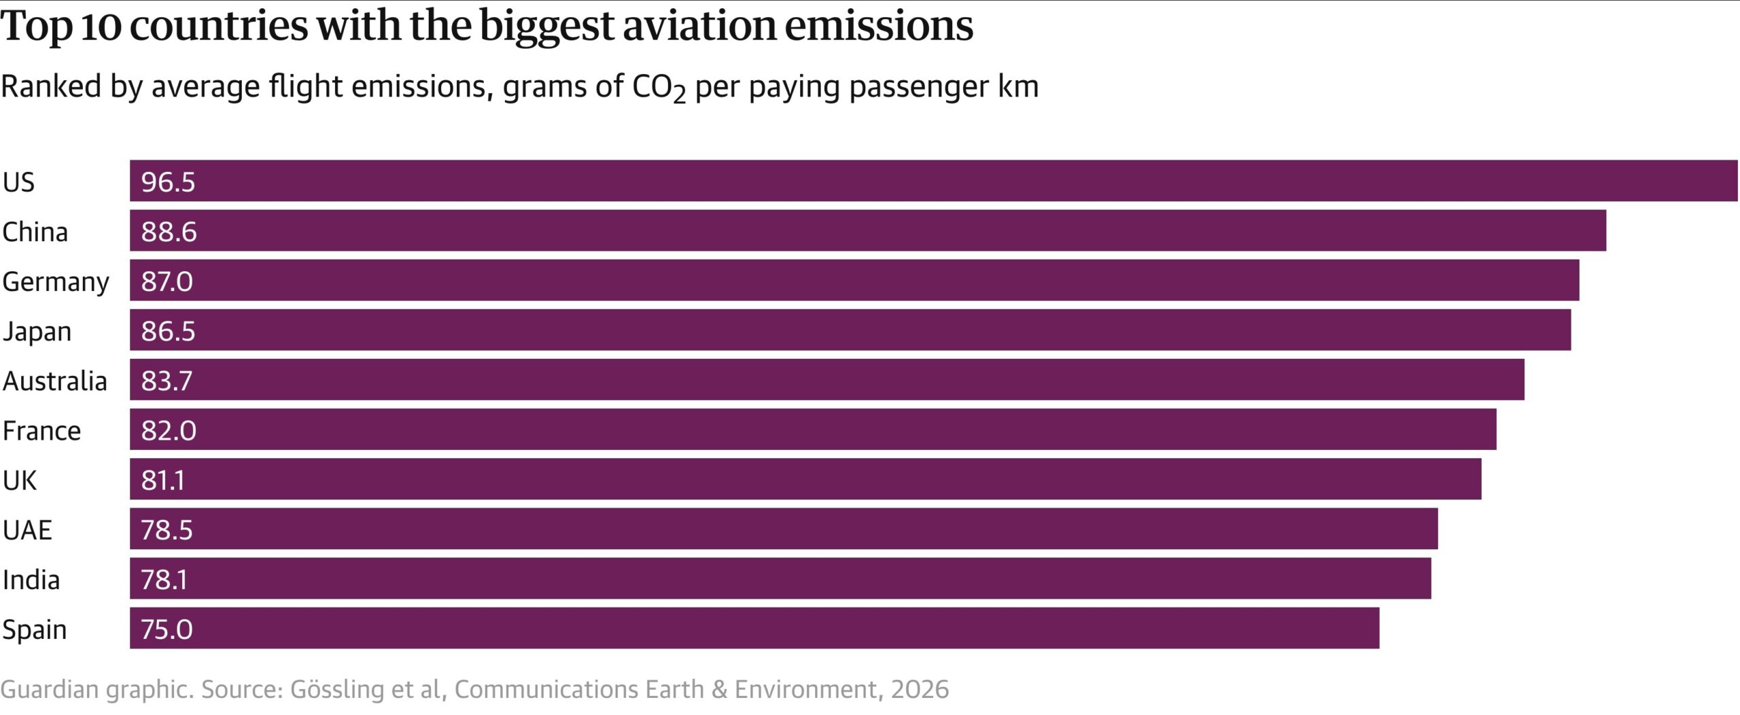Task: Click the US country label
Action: tap(18, 182)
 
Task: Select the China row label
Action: tap(35, 232)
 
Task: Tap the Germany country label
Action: tap(56, 281)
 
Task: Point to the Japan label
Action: tap(37, 331)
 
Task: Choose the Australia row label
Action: tap(55, 381)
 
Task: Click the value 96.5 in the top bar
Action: tap(168, 182)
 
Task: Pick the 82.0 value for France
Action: tap(169, 430)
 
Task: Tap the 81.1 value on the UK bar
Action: tap(163, 480)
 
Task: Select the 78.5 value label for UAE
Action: tap(167, 529)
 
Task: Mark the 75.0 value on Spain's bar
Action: tap(167, 629)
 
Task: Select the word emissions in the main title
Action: tap(879, 26)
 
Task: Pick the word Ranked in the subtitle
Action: tap(51, 86)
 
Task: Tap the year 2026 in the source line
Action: tap(920, 689)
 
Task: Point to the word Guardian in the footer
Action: tap(50, 689)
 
